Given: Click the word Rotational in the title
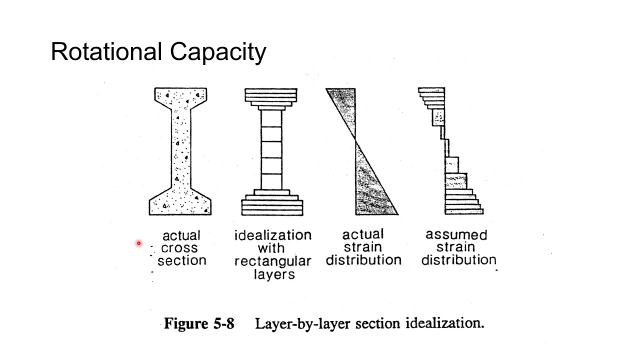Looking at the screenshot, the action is click(x=106, y=51).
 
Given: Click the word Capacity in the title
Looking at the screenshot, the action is click(x=218, y=53).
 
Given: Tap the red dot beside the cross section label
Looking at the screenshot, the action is click(x=139, y=243).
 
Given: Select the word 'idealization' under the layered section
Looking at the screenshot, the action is click(x=273, y=235).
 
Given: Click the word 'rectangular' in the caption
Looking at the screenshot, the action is click(x=273, y=261).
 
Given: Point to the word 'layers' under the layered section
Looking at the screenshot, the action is click(x=274, y=274).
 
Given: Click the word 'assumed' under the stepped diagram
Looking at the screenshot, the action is click(x=456, y=235).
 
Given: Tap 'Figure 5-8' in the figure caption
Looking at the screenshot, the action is click(x=199, y=323).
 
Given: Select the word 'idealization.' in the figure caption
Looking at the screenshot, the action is click(x=445, y=323).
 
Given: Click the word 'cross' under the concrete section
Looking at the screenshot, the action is click(x=179, y=248).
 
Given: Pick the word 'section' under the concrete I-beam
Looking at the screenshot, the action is click(x=182, y=260).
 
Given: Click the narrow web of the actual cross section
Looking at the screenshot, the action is click(x=181, y=148).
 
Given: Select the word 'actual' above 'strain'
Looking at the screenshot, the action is click(x=363, y=234).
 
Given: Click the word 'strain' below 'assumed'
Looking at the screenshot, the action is click(x=455, y=247).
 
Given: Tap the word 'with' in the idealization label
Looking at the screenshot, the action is click(x=271, y=247).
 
